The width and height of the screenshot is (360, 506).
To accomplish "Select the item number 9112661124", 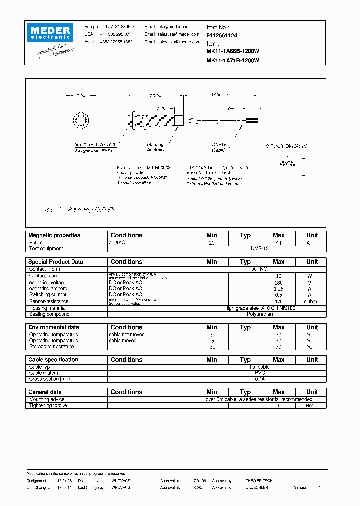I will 222,36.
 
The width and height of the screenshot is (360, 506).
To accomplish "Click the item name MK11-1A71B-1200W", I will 233,60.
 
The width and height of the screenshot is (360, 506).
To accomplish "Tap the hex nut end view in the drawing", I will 80,121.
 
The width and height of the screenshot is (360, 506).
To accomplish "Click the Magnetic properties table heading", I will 54,235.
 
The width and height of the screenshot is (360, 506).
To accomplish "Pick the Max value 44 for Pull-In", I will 278,242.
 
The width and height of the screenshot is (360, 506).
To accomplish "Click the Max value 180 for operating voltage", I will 278,283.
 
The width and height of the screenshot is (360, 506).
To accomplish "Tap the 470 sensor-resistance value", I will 278,301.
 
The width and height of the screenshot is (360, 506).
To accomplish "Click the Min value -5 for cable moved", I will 212,340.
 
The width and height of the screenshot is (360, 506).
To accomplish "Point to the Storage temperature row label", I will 51,347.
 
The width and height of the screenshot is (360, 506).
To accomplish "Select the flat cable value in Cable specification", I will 260,367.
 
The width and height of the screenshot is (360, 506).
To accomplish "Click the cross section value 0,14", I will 260,379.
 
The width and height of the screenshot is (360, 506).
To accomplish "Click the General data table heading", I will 45,392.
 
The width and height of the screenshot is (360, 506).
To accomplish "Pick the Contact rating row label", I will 44,276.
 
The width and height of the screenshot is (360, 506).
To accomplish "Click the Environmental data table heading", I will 54,327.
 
